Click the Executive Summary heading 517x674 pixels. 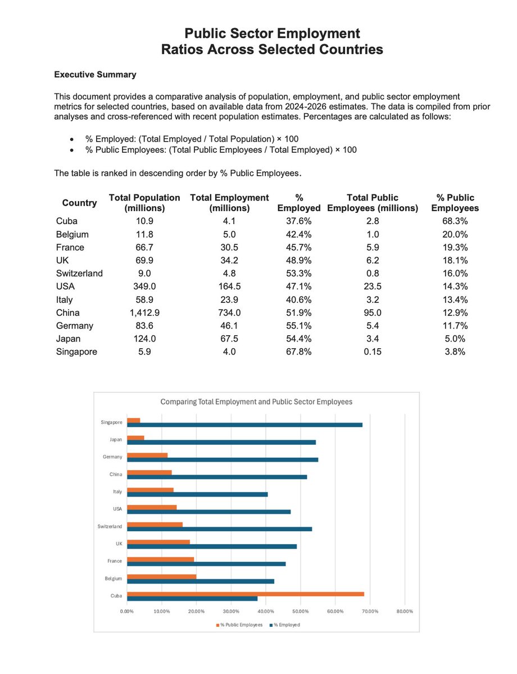click(94, 74)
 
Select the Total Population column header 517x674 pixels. click(144, 203)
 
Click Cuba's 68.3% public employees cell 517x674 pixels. click(455, 221)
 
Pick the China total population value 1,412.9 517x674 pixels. click(144, 312)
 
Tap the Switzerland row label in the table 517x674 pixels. click(79, 273)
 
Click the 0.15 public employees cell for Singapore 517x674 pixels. click(373, 352)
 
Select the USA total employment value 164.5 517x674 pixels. click(229, 286)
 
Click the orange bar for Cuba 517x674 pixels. click(245, 594)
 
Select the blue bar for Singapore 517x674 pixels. click(244, 425)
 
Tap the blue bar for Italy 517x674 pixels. click(197, 494)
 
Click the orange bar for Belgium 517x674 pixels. click(162, 576)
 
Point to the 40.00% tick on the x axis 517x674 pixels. click(265, 611)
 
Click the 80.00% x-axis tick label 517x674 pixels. click(404, 611)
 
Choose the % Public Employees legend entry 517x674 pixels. click(239, 625)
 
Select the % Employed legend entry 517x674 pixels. click(287, 625)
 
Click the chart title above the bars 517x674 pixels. click(257, 402)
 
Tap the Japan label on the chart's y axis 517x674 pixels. click(115, 439)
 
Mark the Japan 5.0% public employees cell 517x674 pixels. click(455, 339)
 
